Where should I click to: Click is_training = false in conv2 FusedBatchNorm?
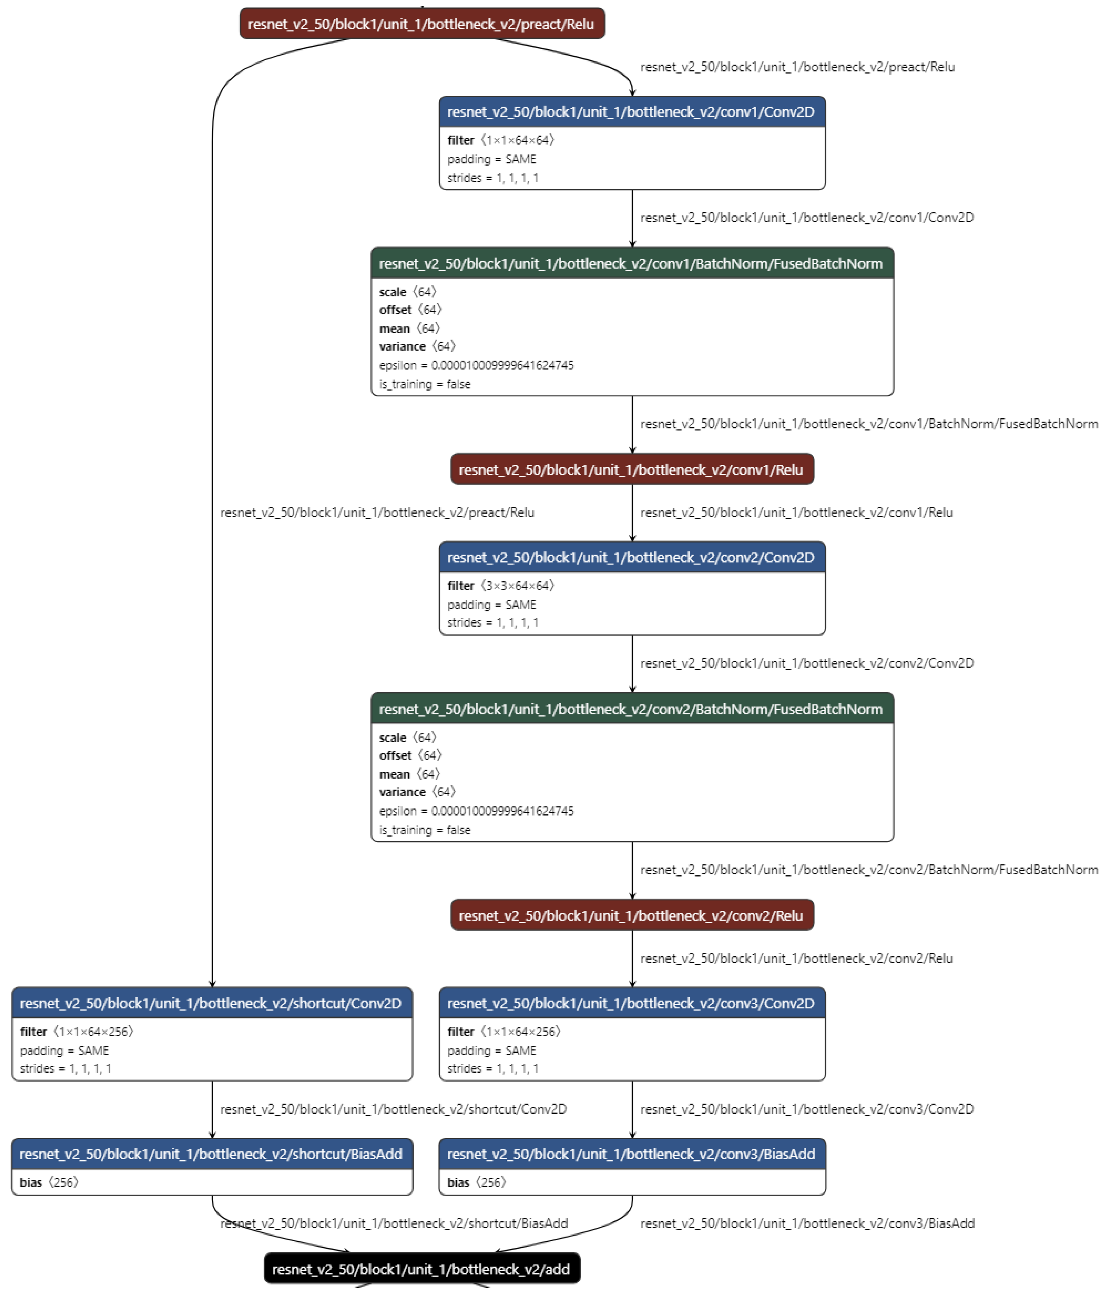(424, 830)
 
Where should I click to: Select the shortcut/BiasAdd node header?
(211, 1154)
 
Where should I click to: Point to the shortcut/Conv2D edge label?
(393, 1109)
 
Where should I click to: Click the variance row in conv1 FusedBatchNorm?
(417, 346)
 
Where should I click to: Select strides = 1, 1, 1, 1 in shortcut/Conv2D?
(66, 1068)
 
